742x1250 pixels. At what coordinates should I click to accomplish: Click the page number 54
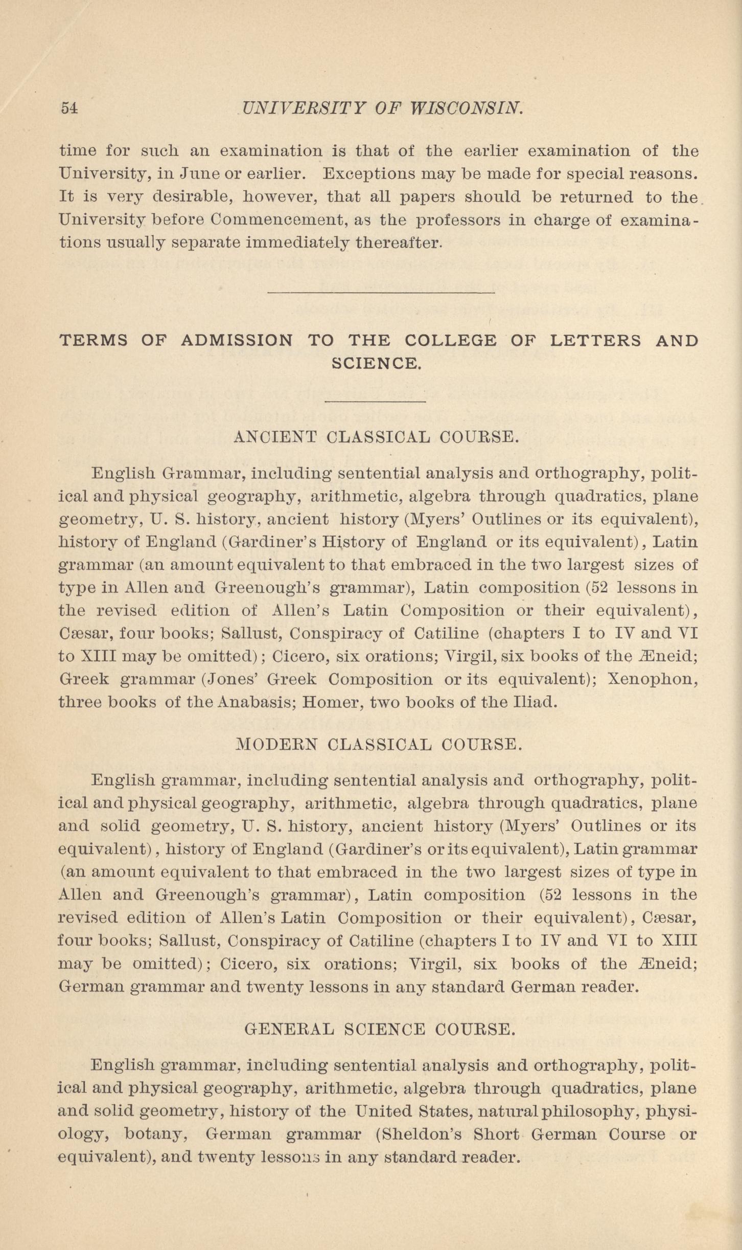coord(69,108)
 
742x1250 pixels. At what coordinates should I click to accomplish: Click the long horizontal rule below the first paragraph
coord(381,293)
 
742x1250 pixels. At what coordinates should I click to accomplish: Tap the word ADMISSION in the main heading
coord(237,340)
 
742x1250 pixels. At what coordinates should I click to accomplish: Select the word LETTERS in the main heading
coord(595,340)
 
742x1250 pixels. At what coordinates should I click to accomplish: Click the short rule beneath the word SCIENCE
coord(375,402)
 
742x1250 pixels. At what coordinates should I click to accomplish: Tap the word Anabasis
coord(254,702)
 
